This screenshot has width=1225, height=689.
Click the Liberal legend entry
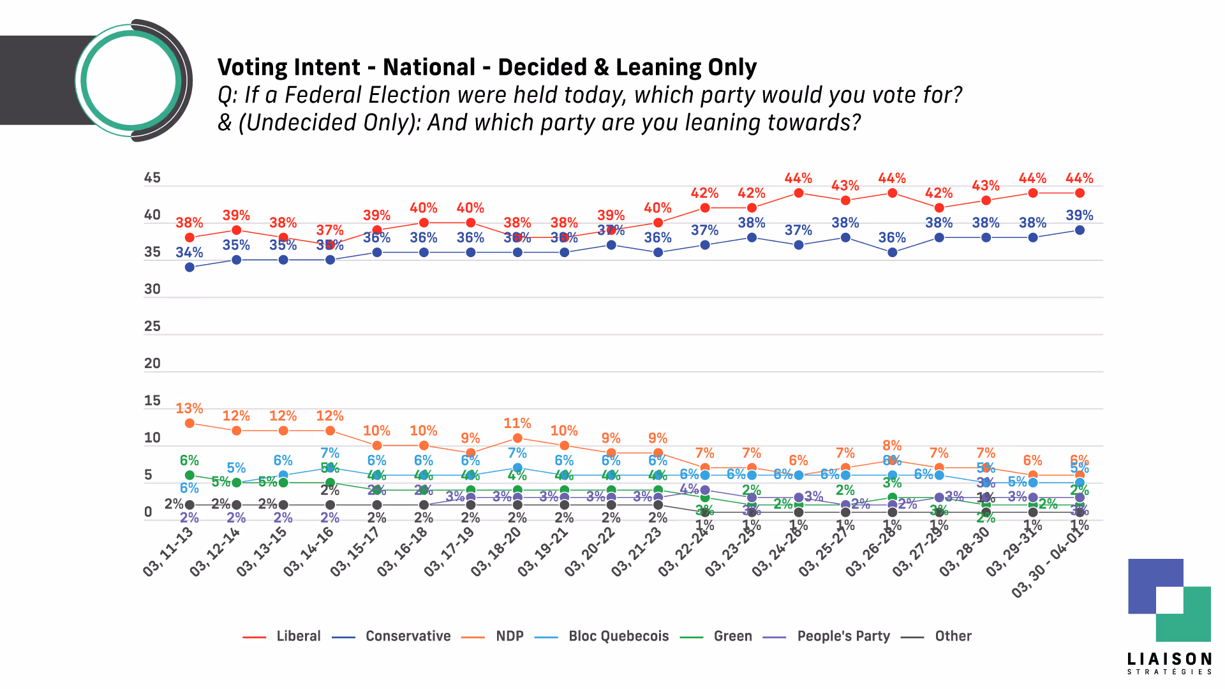[x=298, y=636]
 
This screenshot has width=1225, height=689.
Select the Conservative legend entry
[x=408, y=636]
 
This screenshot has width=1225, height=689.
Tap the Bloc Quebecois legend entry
[x=618, y=636]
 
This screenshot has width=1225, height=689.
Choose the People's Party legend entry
[x=843, y=636]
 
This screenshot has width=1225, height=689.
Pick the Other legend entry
[x=953, y=636]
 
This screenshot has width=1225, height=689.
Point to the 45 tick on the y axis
[x=152, y=178]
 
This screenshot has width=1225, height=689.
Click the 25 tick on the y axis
[x=152, y=327]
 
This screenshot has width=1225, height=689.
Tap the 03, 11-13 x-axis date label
[x=168, y=552]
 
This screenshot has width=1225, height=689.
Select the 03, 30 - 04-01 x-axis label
[x=1050, y=561]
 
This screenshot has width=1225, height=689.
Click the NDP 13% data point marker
[x=189, y=423]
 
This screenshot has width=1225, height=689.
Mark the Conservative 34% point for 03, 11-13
[x=189, y=267]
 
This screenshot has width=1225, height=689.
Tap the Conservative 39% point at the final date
[x=1080, y=230]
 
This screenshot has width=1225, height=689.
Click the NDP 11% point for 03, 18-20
[x=517, y=438]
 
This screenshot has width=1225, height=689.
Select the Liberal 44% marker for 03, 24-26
[x=798, y=193]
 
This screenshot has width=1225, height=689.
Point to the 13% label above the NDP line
[x=189, y=408]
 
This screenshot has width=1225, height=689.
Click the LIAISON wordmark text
[x=1169, y=659]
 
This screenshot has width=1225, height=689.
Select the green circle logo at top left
[x=131, y=80]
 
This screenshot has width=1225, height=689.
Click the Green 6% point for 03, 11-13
[x=189, y=475]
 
